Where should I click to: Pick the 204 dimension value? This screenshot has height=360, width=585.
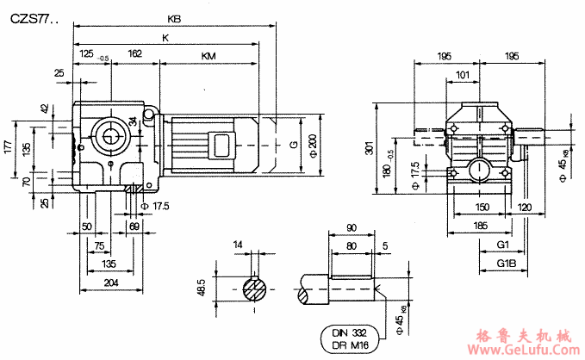point(111,282)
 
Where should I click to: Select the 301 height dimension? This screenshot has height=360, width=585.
point(368,149)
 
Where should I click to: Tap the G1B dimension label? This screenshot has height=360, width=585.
point(507,262)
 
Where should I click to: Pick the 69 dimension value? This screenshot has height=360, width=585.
point(134,226)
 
